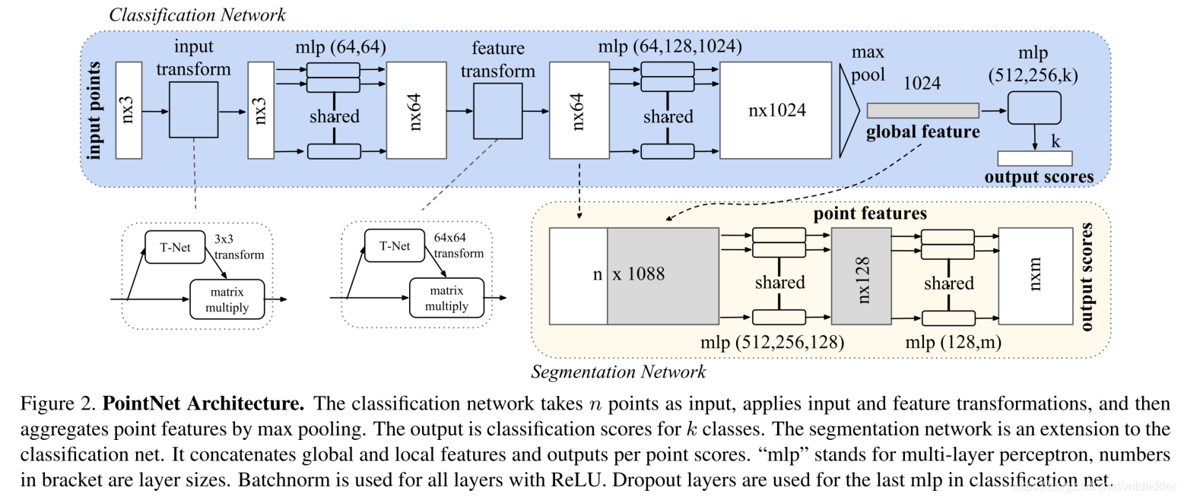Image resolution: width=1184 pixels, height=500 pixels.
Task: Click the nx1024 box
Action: [x=776, y=110]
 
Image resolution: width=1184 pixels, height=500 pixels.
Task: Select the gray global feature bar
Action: [x=922, y=110]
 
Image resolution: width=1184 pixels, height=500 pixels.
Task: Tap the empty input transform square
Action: [x=193, y=110]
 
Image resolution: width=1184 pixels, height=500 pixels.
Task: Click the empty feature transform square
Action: [x=497, y=110]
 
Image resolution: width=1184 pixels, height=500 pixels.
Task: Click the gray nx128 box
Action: [x=862, y=276]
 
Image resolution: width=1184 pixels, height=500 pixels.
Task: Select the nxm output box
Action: [x=1034, y=276]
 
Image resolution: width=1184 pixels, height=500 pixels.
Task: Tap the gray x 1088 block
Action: [x=662, y=276]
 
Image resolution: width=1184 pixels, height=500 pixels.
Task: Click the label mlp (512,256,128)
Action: [x=772, y=342]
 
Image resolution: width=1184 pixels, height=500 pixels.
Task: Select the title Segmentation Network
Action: [x=617, y=372]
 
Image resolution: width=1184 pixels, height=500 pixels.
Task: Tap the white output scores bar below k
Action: [x=1034, y=158]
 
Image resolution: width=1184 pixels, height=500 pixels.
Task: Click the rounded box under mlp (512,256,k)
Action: [x=1033, y=107]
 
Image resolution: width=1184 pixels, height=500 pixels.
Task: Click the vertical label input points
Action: [x=97, y=110]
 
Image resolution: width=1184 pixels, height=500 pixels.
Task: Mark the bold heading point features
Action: [x=870, y=214]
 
